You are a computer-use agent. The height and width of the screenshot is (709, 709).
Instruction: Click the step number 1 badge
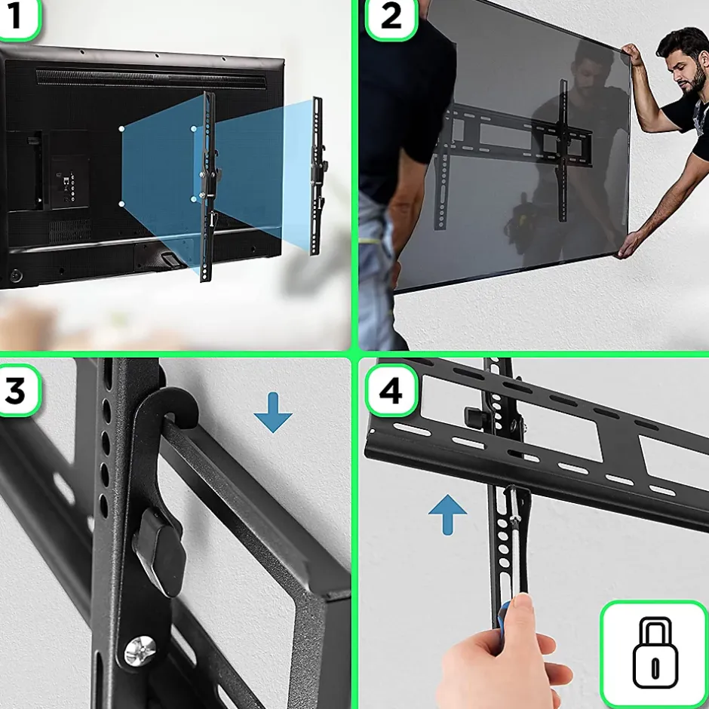tap(18, 17)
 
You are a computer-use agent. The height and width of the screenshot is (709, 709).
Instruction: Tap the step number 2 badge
tap(391, 18)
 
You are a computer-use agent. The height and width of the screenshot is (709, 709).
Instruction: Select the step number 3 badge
tap(18, 391)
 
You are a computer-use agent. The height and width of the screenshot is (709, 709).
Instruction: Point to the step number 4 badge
tap(391, 391)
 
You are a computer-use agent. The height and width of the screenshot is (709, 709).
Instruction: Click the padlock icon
tap(655, 653)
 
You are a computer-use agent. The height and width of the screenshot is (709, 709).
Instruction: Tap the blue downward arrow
tap(273, 413)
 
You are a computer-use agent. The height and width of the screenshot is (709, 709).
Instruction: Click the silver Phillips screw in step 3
tap(140, 651)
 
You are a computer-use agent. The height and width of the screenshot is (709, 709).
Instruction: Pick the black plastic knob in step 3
tap(160, 551)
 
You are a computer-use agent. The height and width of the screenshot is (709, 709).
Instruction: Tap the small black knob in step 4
tap(474, 418)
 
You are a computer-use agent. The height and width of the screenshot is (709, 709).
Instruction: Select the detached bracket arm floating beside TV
tap(318, 176)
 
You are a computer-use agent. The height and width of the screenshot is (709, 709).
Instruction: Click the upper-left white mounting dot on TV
tap(121, 129)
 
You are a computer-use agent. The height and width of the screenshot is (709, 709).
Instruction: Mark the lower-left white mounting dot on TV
tap(121, 204)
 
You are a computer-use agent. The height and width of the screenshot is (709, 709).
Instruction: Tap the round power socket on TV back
tap(17, 275)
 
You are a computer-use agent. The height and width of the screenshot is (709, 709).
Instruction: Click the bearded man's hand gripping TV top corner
tap(631, 54)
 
